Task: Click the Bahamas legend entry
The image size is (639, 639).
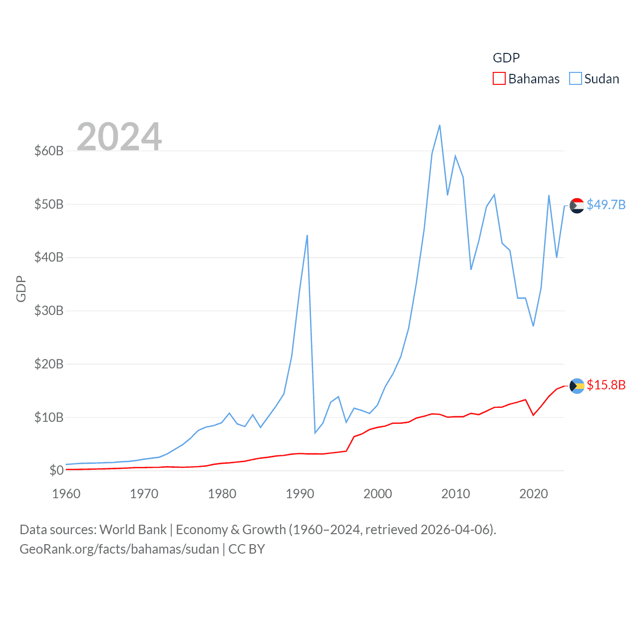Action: click(526, 79)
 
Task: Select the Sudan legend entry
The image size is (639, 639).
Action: click(594, 79)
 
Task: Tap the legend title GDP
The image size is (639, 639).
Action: click(506, 58)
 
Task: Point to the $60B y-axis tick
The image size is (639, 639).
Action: click(49, 151)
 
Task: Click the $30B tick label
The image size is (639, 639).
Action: click(49, 311)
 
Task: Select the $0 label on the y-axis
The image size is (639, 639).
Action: click(56, 470)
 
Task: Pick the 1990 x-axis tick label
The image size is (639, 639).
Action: click(300, 494)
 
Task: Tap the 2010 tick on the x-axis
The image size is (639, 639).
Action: click(455, 494)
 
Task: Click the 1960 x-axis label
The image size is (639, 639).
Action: click(66, 494)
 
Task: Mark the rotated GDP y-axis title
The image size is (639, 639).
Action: click(21, 289)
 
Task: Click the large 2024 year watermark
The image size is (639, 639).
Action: click(119, 136)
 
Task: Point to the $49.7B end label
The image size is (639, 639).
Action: click(606, 205)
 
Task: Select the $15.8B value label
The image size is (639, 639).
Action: click(606, 385)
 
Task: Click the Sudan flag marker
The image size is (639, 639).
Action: click(577, 205)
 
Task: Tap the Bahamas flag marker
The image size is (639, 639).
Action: click(577, 386)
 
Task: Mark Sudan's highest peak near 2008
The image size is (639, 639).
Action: click(439, 125)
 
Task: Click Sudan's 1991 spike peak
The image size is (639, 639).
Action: click(307, 235)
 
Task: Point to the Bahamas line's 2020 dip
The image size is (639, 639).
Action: click(534, 415)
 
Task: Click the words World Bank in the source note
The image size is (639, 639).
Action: click(133, 529)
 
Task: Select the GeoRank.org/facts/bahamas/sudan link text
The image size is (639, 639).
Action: click(119, 549)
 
